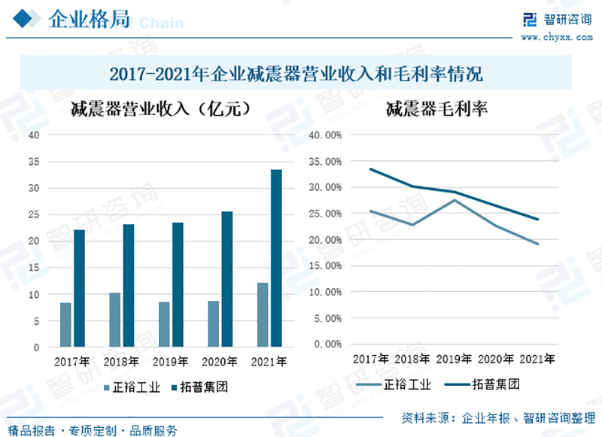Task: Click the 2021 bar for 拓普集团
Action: (x=276, y=259)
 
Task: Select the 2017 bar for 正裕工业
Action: (x=65, y=325)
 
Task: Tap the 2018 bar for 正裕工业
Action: (x=114, y=320)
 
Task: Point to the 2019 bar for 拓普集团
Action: (x=178, y=285)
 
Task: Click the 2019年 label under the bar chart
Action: (x=170, y=362)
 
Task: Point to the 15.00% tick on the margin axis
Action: (x=325, y=266)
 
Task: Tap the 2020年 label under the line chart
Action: (x=492, y=358)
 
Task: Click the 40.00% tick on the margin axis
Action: (x=325, y=135)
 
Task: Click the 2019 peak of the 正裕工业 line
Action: (x=454, y=200)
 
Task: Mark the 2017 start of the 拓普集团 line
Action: (x=370, y=169)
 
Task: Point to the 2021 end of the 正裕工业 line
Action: (x=538, y=244)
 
